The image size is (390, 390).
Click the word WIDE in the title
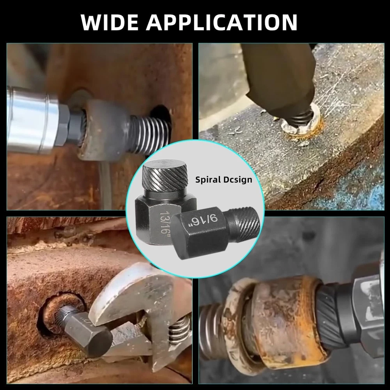point(110,22)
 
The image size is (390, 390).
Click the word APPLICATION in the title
point(222,22)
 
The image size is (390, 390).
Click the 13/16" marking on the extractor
point(165,222)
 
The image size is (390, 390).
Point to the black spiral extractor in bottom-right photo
point(333,316)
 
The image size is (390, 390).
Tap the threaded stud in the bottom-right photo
point(211,331)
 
